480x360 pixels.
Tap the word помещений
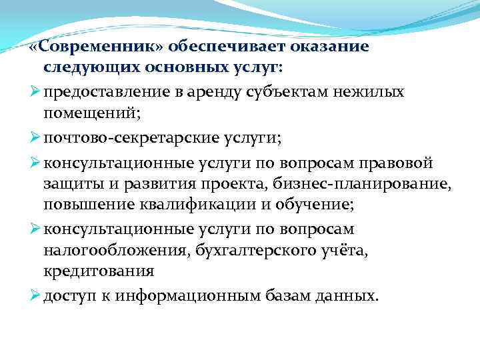pos(93,112)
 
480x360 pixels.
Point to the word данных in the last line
pos(345,296)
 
